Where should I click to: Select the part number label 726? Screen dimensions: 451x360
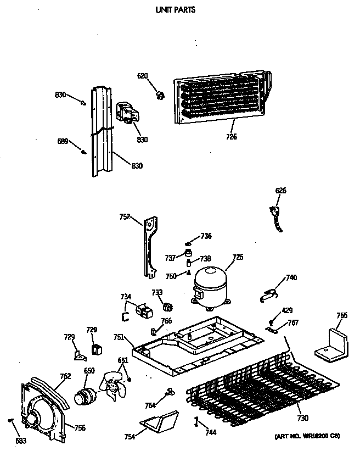point(231,137)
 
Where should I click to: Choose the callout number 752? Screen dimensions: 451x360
point(125,217)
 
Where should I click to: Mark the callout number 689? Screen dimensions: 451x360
point(63,142)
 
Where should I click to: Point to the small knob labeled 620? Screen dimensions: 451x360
point(160,96)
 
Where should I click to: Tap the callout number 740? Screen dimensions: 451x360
point(291,278)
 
